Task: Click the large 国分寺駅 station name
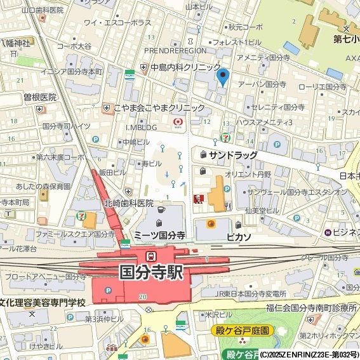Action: point(150,272)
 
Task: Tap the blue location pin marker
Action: point(222,76)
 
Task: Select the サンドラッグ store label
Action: point(233,155)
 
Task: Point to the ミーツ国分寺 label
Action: point(159,235)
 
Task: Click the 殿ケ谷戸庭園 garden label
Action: point(241,331)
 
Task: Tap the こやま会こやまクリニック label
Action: point(159,108)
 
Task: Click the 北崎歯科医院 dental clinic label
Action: point(129,203)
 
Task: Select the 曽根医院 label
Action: point(40,97)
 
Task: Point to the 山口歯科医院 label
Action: point(43,10)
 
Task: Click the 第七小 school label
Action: point(346,38)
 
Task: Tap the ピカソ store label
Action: point(238,236)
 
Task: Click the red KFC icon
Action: point(197,199)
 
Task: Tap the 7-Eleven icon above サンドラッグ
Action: point(225,137)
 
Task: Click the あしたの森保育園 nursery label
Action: point(43,187)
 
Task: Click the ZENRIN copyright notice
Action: point(309,354)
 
